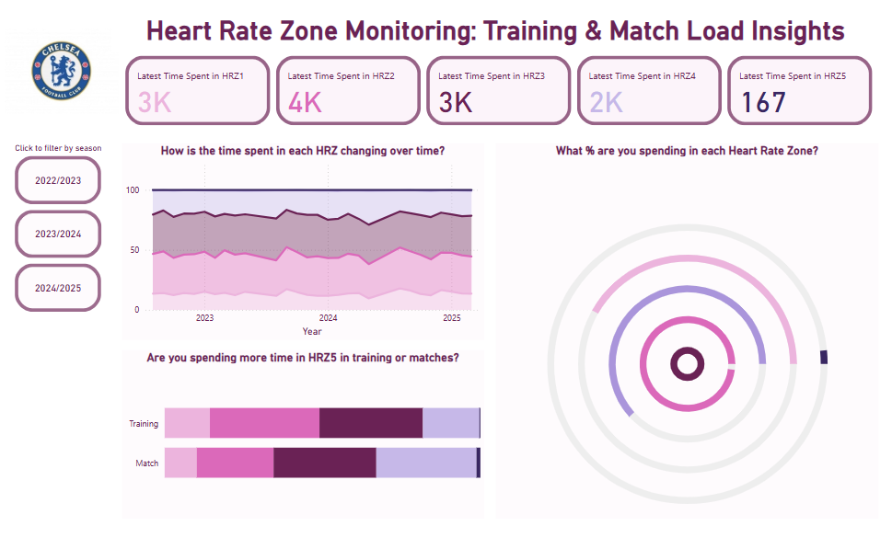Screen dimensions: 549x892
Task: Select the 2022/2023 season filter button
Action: [58, 180]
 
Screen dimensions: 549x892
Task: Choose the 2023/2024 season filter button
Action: [58, 234]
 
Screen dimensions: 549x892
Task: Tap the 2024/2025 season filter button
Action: [58, 288]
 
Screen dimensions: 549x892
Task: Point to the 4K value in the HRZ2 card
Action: [305, 102]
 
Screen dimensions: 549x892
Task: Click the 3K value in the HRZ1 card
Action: [155, 102]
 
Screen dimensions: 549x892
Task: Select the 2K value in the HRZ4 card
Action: [606, 102]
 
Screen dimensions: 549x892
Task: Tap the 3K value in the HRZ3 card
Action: [455, 102]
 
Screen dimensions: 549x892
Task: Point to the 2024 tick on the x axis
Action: [329, 318]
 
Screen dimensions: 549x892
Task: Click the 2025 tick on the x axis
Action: [451, 318]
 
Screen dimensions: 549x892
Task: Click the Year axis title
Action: [312, 331]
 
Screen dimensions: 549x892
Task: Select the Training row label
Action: [144, 424]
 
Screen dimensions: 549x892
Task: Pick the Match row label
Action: [147, 463]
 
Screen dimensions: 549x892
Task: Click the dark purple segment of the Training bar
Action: [370, 423]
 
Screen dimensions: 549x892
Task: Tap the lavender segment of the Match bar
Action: [425, 463]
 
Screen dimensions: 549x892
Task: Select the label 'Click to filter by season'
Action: [58, 148]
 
